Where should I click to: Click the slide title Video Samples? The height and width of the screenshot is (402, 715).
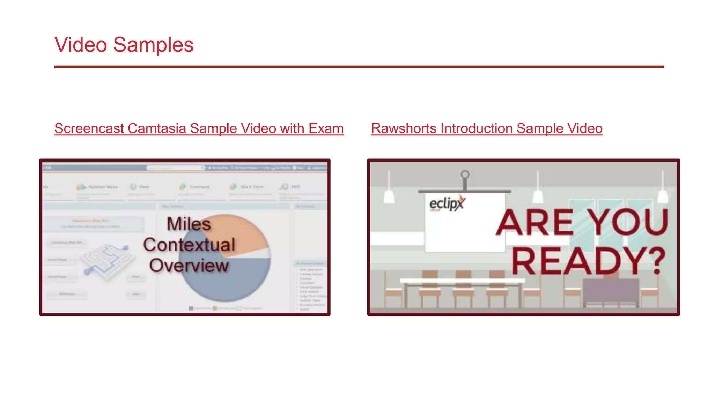tap(124, 45)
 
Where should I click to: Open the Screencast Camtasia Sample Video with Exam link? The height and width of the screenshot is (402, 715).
tap(199, 128)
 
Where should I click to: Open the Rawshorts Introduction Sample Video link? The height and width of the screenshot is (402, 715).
tap(487, 128)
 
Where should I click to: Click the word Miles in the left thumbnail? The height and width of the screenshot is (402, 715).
tap(189, 224)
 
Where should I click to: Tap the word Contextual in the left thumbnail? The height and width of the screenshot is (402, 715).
tap(189, 245)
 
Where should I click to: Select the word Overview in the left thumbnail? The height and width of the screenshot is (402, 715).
tap(189, 266)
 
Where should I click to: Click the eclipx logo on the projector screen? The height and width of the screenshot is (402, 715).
tap(447, 203)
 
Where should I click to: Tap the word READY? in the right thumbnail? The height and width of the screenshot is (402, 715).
tap(589, 261)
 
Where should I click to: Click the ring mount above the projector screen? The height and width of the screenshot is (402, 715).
tap(465, 174)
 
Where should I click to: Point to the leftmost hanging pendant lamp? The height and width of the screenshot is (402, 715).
tap(389, 196)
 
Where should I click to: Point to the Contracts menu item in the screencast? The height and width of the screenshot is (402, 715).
tap(199, 187)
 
